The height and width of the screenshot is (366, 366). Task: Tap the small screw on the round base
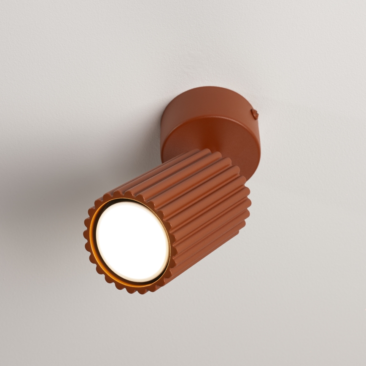pyautogui.click(x=254, y=113)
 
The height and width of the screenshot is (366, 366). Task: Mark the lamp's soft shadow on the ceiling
pyautogui.click(x=63, y=177)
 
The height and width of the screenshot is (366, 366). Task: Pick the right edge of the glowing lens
pyautogui.click(x=169, y=249)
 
